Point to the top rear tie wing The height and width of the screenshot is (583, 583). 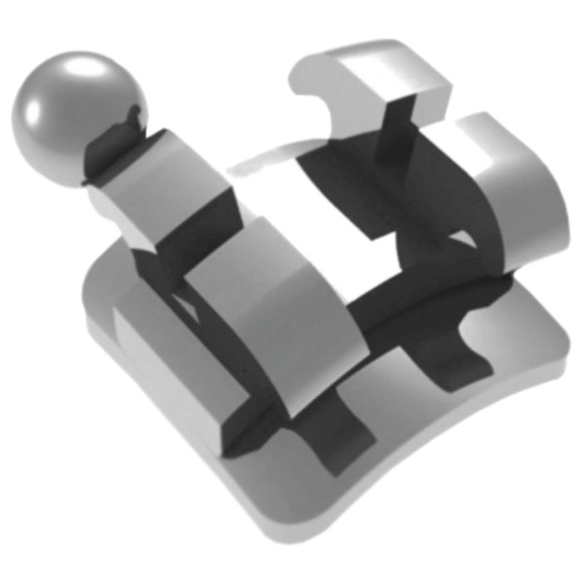366,79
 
